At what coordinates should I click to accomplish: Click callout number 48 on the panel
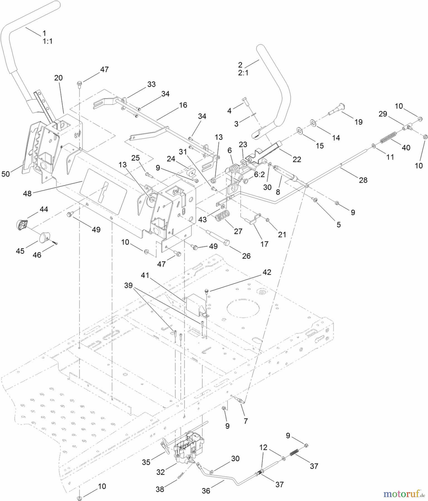click(x=27, y=193)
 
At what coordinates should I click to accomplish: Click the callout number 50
click(x=6, y=174)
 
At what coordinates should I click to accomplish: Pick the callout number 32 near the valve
click(x=160, y=472)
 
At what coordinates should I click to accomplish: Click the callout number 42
click(x=266, y=272)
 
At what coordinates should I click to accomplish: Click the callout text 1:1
click(x=48, y=41)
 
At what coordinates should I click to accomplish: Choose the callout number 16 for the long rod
click(x=183, y=105)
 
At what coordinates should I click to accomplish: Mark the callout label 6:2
click(x=259, y=174)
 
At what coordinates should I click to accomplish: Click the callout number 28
click(x=363, y=180)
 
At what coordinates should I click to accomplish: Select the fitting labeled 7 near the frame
click(x=240, y=401)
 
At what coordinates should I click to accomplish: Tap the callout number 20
click(x=58, y=78)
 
